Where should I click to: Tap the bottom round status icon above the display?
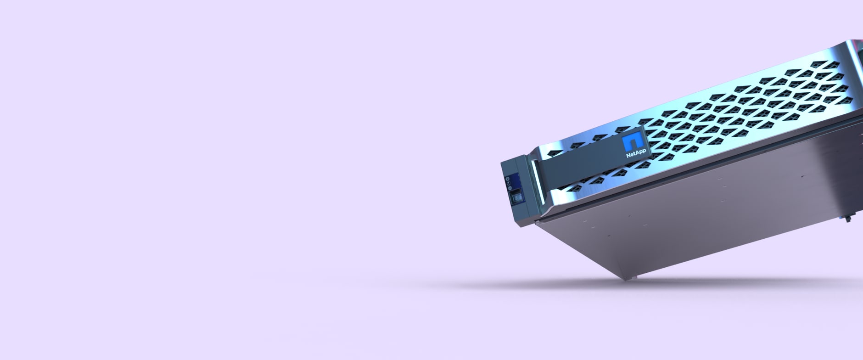(x=510, y=188)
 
